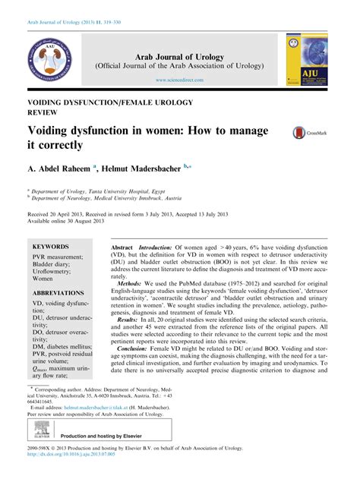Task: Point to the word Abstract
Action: click(x=122, y=249)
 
